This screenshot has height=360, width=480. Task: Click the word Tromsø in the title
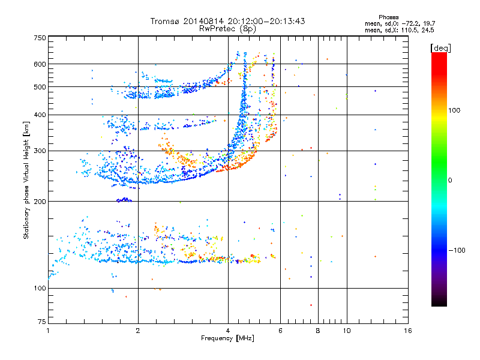pyautogui.click(x=166, y=21)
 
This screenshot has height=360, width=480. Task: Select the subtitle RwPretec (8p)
pyautogui.click(x=227, y=29)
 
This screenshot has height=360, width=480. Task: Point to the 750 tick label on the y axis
pyautogui.click(x=40, y=38)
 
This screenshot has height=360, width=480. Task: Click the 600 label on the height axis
pyautogui.click(x=40, y=64)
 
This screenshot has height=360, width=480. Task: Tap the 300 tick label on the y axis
pyautogui.click(x=40, y=151)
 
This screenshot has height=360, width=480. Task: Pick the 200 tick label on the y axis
pyautogui.click(x=40, y=202)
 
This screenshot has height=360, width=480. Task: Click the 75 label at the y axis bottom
pyautogui.click(x=42, y=322)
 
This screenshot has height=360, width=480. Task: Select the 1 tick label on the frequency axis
pyautogui.click(x=48, y=331)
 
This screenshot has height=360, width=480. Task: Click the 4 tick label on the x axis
pyautogui.click(x=228, y=331)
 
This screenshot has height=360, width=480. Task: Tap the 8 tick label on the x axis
pyautogui.click(x=318, y=331)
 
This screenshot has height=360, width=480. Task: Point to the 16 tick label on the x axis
pyautogui.click(x=407, y=331)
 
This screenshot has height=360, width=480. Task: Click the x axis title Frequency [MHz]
pyautogui.click(x=227, y=338)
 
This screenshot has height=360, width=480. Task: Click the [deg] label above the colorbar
pyautogui.click(x=440, y=48)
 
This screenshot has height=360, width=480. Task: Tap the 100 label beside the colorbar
pyautogui.click(x=454, y=110)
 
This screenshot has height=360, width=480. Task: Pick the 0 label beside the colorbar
pyautogui.click(x=450, y=181)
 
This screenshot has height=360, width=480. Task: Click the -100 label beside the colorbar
pyautogui.click(x=457, y=250)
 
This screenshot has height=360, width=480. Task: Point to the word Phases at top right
pyautogui.click(x=388, y=17)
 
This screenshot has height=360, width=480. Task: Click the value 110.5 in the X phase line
pyautogui.click(x=409, y=31)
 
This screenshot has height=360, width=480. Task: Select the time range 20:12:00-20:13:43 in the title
pyautogui.click(x=266, y=21)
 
